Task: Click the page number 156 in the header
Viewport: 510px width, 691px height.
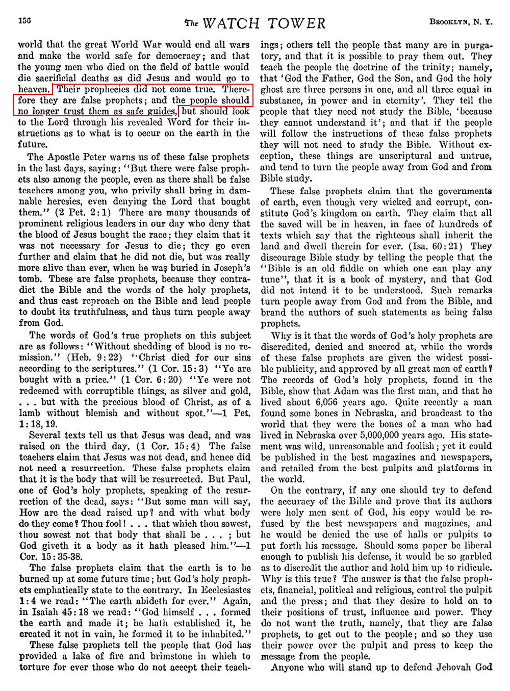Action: pyautogui.click(x=24, y=22)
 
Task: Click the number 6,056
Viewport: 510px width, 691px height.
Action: pyautogui.click(x=349, y=402)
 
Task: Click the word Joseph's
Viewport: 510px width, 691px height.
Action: pyautogui.click(x=223, y=268)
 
